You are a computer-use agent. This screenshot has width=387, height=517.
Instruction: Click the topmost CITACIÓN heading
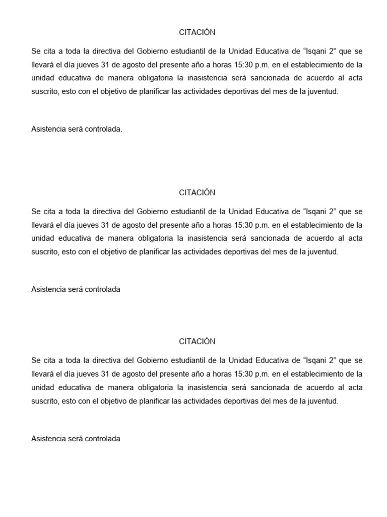click(x=197, y=32)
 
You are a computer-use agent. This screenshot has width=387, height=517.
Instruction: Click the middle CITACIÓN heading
click(x=197, y=192)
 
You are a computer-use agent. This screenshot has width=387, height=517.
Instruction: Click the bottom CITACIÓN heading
click(x=197, y=341)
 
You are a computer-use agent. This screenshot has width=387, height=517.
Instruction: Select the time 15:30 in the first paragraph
click(x=237, y=65)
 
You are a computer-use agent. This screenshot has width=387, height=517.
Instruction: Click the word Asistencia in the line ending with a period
click(x=48, y=129)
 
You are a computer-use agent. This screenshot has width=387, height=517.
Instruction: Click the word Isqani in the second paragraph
click(x=314, y=212)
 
